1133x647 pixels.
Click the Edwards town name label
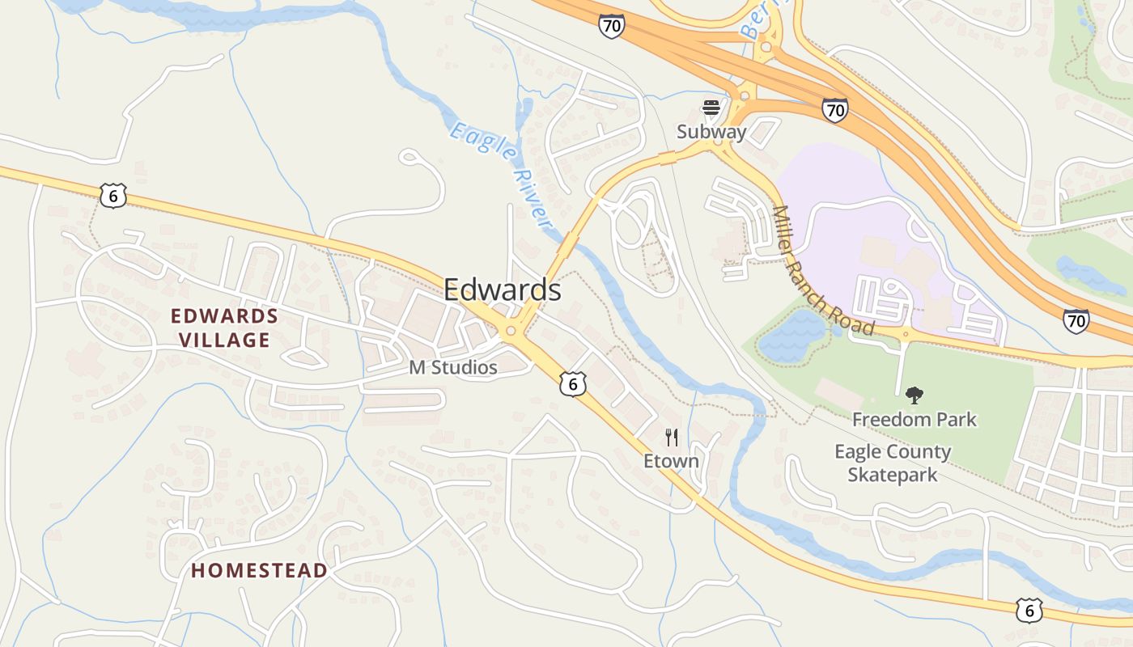click(x=502, y=290)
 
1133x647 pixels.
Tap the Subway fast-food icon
click(x=711, y=108)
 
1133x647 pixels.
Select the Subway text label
click(x=711, y=131)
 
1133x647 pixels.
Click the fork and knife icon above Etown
click(x=671, y=438)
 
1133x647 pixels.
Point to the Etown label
click(x=671, y=461)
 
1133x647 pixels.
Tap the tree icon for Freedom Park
click(x=914, y=395)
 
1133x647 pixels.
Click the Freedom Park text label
click(x=914, y=420)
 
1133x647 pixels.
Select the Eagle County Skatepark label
click(x=893, y=463)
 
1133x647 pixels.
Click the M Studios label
click(x=452, y=367)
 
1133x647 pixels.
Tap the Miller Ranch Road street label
click(x=823, y=270)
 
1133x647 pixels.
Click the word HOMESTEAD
click(x=259, y=570)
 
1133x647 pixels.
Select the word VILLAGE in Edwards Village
click(x=224, y=340)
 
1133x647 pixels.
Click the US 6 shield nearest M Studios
click(x=572, y=384)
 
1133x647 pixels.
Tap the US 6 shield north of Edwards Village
click(x=114, y=194)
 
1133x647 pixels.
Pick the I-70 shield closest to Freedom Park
click(x=1076, y=321)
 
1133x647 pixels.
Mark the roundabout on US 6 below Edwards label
click(x=511, y=331)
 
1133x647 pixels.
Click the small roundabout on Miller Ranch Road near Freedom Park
click(x=906, y=333)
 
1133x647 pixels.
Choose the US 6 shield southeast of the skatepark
click(x=1029, y=611)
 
